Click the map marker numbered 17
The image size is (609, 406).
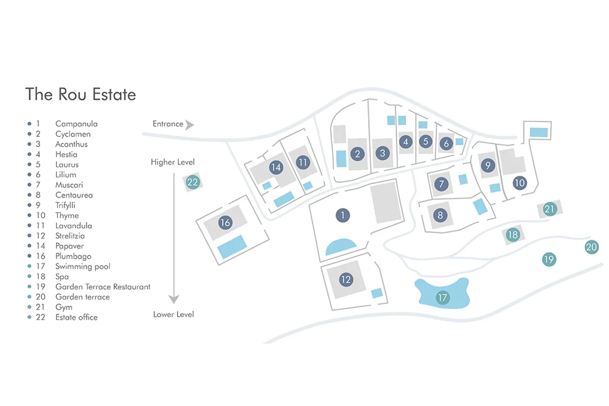[443, 297]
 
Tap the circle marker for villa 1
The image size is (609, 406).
[343, 215]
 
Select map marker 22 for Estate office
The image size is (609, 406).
[192, 182]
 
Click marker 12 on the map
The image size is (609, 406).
[346, 279]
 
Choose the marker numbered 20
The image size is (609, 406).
[591, 247]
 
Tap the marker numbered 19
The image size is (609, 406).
[549, 259]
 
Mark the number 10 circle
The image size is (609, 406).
[520, 183]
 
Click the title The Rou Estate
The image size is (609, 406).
[81, 94]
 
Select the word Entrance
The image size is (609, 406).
[167, 124]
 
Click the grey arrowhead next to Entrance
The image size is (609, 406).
[190, 124]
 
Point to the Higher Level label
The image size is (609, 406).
[173, 162]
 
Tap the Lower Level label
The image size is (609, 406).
[174, 315]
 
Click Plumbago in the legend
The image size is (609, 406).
[73, 256]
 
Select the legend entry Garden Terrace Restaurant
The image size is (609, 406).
[103, 287]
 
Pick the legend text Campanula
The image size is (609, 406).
[77, 124]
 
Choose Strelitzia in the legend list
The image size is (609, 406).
[70, 236]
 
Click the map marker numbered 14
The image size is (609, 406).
[276, 167]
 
